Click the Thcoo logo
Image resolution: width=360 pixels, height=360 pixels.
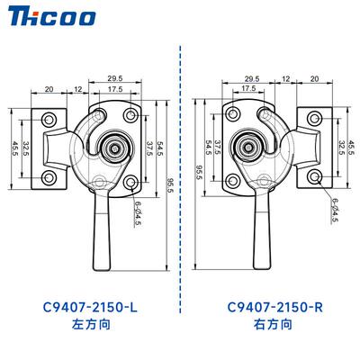pos(51,17)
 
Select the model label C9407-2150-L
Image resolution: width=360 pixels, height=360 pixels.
pos(90,308)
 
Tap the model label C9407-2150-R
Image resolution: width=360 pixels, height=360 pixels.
pos(275,308)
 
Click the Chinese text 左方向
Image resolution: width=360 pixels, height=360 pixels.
pos(91,324)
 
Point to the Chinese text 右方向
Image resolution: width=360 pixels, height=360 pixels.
pos(273,324)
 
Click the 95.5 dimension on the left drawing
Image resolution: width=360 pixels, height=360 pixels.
pos(171,185)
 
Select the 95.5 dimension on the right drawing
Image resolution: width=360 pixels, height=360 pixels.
pos(199,172)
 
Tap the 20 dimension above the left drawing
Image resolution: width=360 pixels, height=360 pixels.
pos(49,89)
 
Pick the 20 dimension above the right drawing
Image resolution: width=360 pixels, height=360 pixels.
pos(314,78)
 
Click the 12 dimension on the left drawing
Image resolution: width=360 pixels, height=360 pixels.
pos(77,89)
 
